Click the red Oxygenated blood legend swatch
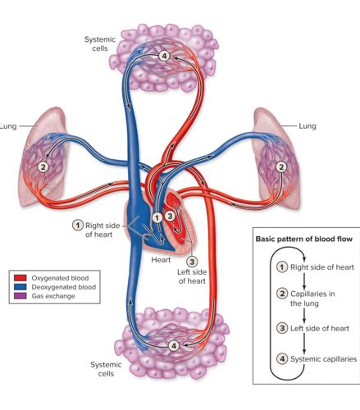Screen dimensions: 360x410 tap(21, 278)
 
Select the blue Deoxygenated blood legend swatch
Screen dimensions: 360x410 tap(21, 287)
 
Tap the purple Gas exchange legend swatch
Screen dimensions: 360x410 tap(21, 296)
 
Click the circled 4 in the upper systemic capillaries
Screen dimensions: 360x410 tap(164, 56)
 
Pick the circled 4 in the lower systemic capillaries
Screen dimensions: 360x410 tap(174, 346)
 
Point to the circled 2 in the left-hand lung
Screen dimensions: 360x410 tap(43, 166)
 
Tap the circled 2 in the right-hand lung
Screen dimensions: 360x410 tap(281, 166)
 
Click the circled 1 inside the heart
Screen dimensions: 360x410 tap(157, 218)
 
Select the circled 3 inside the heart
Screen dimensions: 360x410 tap(170, 216)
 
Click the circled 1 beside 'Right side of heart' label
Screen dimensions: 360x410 tap(78, 225)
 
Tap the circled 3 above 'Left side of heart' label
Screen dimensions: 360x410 tap(192, 262)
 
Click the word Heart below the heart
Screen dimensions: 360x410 tap(161, 260)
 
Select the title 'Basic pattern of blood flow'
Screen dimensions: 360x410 tap(304, 239)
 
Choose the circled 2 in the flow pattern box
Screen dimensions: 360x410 tap(282, 294)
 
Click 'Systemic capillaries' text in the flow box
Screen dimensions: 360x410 tap(324, 359)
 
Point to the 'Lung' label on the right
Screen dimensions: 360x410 tap(308, 126)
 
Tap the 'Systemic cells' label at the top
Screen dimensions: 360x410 tap(100, 43)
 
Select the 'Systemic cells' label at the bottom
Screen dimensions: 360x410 tap(106, 369)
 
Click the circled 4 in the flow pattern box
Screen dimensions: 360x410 tap(282, 358)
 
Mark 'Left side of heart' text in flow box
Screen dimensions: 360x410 tap(320, 328)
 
